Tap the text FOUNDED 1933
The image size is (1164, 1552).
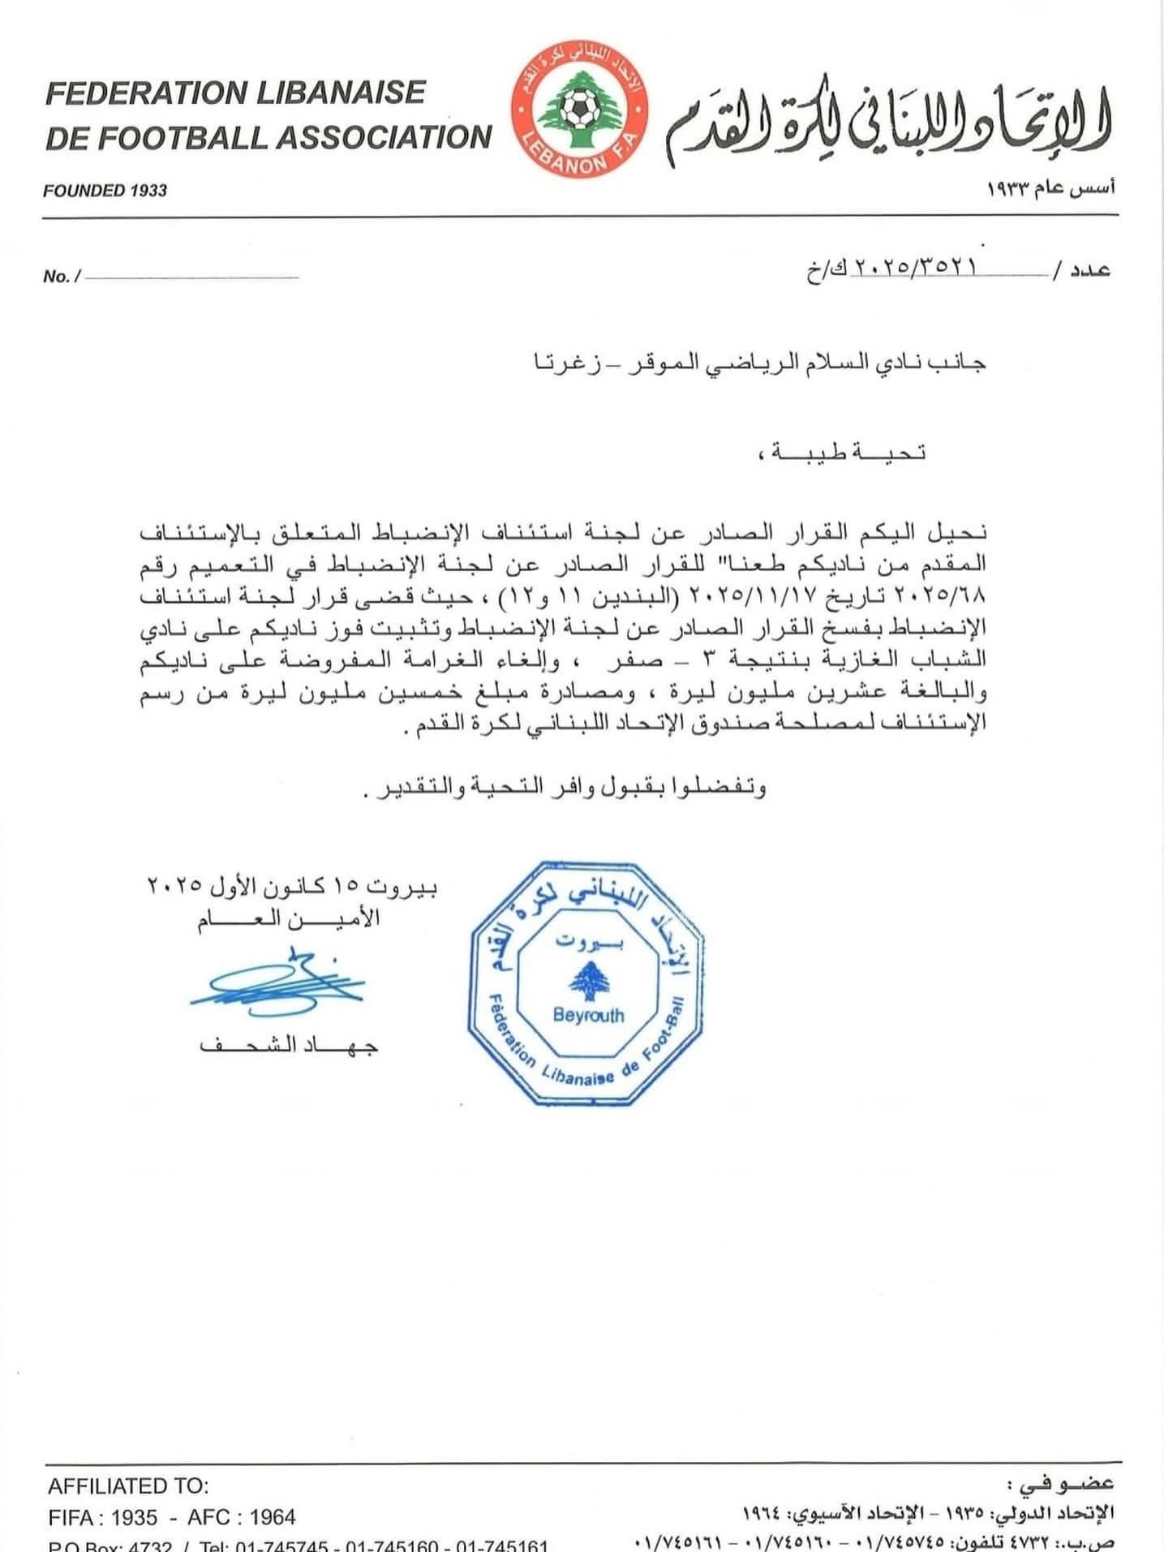tap(105, 191)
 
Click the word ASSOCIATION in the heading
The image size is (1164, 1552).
tap(385, 137)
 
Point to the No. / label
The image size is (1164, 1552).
tap(62, 277)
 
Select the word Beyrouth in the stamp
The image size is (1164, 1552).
tap(589, 1014)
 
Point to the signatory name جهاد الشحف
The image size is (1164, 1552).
tap(289, 1045)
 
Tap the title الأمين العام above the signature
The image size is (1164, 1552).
tap(289, 919)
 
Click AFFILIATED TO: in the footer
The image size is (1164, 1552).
tap(128, 1486)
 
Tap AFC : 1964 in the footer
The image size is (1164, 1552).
tap(242, 1517)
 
